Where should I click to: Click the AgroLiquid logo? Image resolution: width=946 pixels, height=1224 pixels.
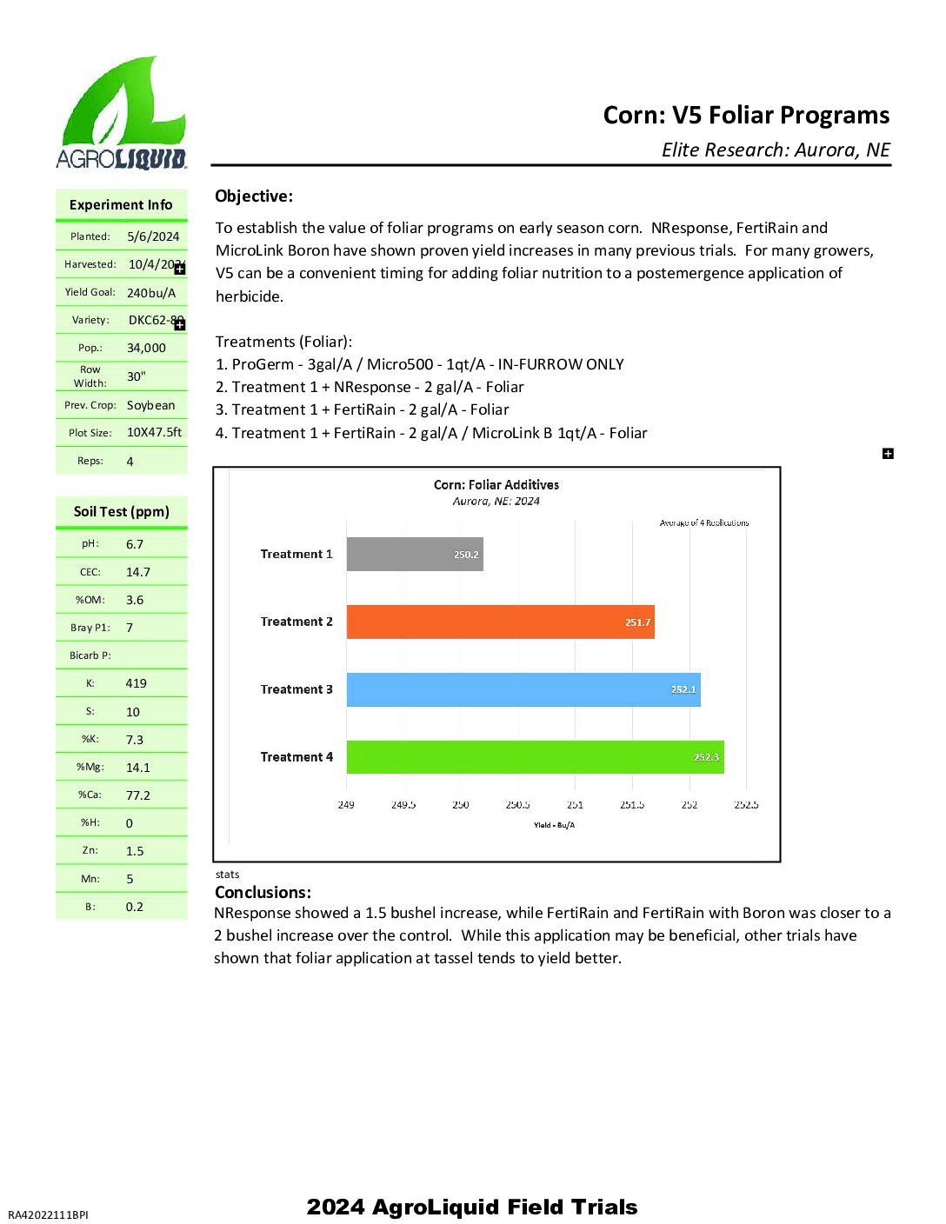122,113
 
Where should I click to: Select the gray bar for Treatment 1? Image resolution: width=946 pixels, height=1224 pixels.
415,555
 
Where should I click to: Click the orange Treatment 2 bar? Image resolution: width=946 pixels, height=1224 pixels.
500,622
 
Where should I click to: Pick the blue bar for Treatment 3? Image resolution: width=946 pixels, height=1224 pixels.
523,689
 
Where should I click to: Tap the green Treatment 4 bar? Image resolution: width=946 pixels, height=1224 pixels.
535,757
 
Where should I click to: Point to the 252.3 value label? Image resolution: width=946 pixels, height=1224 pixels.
706,757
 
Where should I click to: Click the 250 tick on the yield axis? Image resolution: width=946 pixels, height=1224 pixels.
461,805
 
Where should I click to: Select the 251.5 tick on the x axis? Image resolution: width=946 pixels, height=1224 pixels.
632,805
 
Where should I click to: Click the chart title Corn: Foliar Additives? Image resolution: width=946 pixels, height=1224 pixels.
496,485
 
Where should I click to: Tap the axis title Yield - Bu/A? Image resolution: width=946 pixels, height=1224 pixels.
554,825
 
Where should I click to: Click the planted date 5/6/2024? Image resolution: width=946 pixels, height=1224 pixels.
153,236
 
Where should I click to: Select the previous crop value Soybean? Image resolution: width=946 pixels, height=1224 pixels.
150,405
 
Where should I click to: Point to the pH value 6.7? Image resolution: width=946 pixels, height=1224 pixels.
135,544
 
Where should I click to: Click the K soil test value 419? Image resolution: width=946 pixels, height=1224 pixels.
137,683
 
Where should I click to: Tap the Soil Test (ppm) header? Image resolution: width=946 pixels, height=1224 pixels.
122,512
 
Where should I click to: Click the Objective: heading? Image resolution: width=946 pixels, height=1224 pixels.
254,196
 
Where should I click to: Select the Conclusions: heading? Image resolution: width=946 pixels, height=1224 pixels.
263,893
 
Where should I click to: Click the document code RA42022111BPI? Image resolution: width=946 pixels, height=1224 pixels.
48,1214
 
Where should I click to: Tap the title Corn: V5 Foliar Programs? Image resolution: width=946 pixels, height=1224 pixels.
746,116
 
